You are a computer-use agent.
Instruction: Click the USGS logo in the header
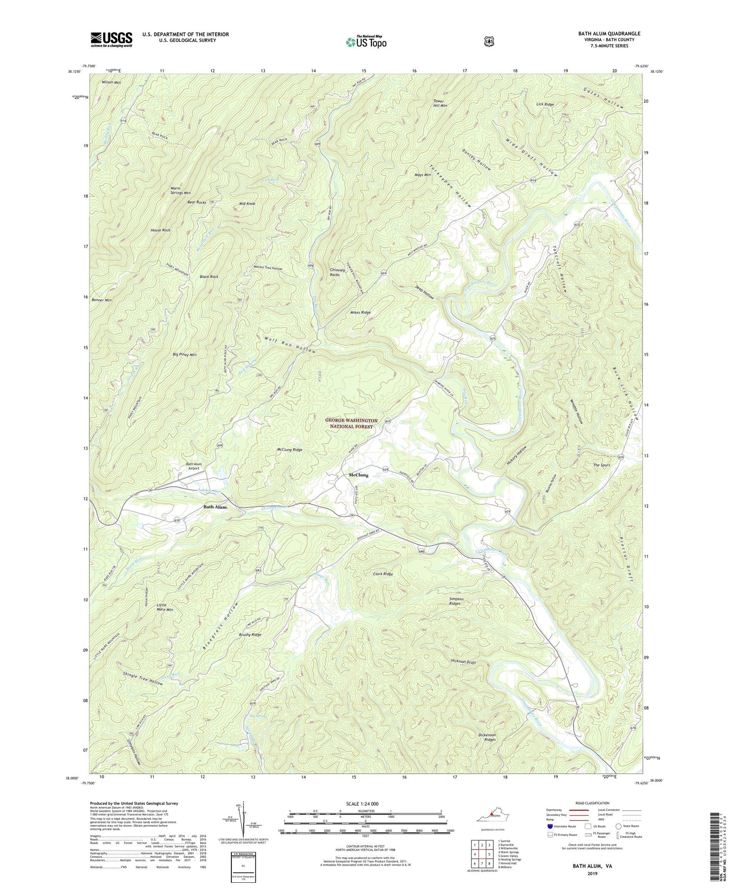click(x=111, y=39)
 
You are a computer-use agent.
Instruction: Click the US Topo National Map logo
click(x=365, y=41)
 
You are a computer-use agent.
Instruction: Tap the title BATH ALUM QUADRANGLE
click(x=609, y=34)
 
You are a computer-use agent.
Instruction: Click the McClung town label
click(x=358, y=475)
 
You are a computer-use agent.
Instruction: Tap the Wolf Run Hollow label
click(x=290, y=345)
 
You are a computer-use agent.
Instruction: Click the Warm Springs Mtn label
click(x=180, y=191)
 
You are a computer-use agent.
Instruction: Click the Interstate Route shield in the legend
click(x=550, y=826)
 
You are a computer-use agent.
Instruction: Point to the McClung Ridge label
click(x=290, y=450)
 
